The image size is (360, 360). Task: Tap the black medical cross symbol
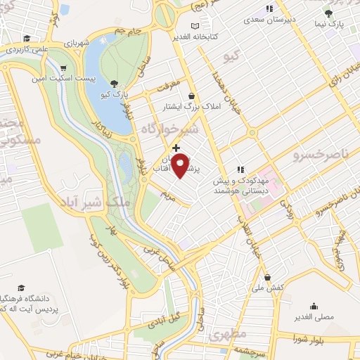[x=175, y=148]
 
